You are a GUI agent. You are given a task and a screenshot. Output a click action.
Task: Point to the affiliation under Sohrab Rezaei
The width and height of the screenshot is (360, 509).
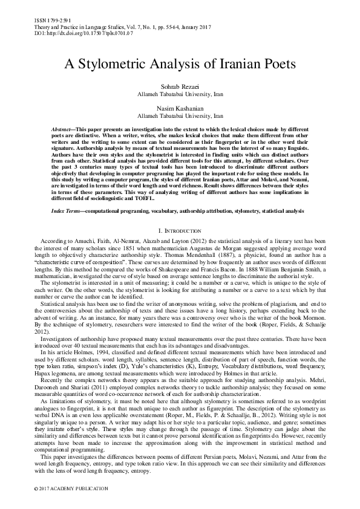coord(179,95)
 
